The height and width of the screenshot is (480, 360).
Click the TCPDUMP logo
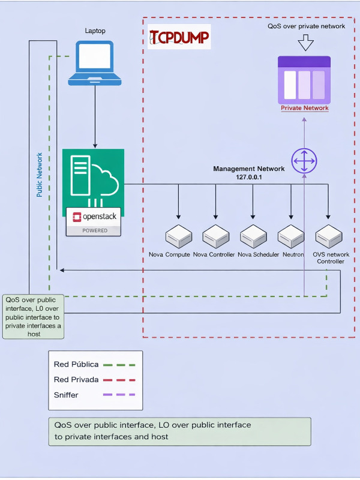coord(179,37)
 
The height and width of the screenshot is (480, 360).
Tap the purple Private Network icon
coord(304,80)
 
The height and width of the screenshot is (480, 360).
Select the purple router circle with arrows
coord(304,161)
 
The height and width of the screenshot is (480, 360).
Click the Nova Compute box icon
coord(178,237)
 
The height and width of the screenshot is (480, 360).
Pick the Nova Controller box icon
coord(215,237)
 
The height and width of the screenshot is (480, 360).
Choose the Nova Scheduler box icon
coord(253,237)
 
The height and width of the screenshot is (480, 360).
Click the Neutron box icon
coord(291,237)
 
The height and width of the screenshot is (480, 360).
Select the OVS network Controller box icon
coord(328,237)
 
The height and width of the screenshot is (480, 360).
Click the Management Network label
coord(249,169)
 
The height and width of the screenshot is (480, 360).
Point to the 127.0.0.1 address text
coord(249,178)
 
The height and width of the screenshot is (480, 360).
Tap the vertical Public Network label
coord(40,174)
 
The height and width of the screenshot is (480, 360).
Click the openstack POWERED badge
coord(93,221)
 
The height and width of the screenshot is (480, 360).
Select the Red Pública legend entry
coord(94,364)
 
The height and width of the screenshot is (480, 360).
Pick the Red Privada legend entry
coord(94,379)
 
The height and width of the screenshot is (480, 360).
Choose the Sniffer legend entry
coord(94,394)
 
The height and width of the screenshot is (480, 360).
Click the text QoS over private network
coord(306,26)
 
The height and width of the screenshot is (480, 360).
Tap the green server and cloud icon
coord(93,178)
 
